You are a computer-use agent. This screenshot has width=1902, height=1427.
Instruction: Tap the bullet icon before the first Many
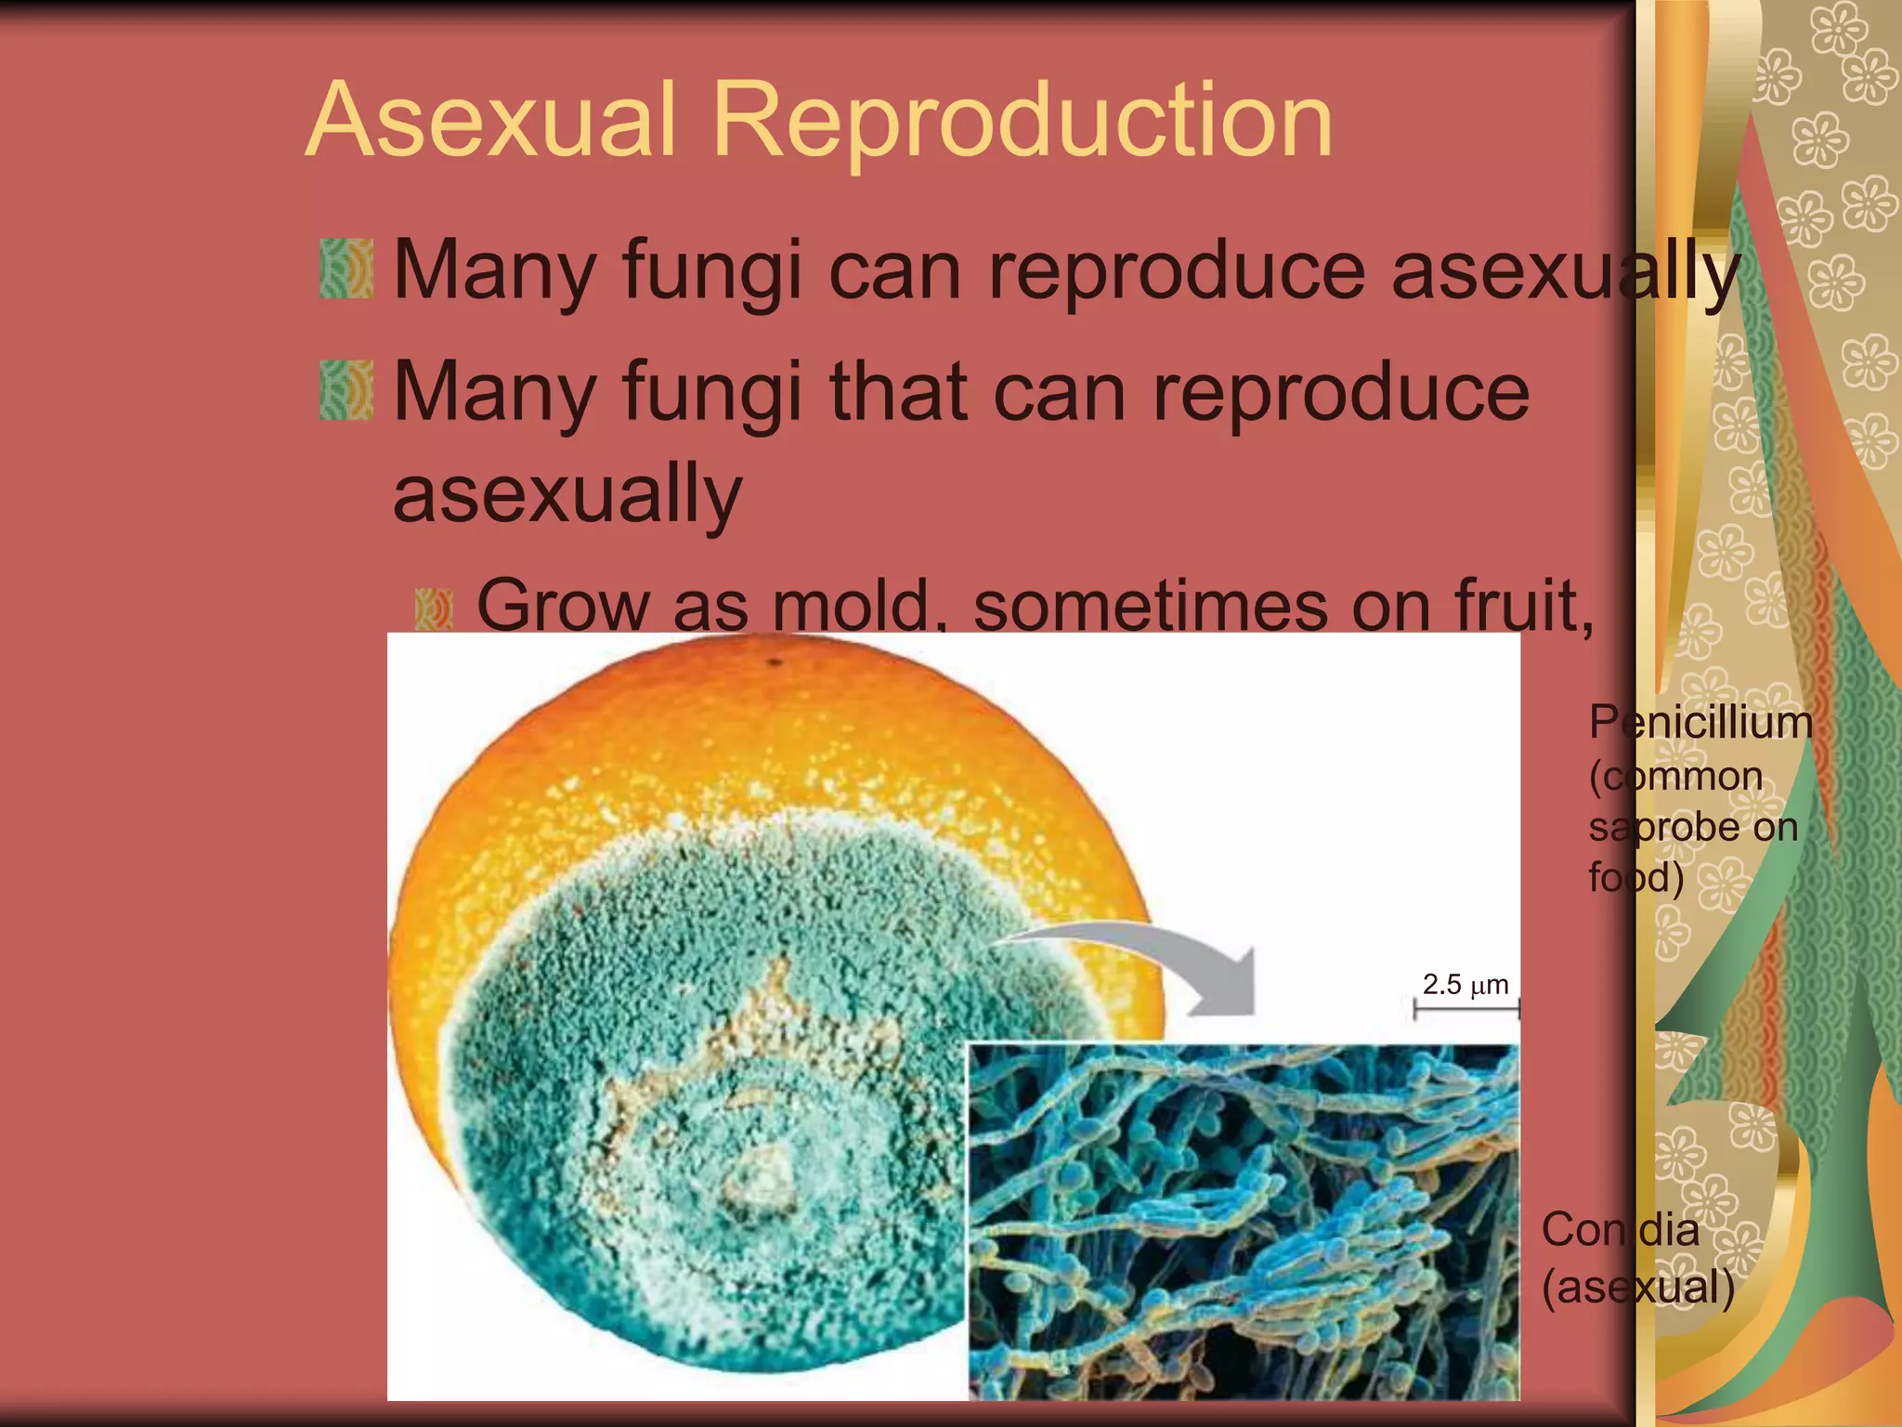346,269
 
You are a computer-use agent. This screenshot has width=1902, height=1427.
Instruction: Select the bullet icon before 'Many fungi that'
346,390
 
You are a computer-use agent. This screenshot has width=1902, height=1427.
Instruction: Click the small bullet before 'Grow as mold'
433,609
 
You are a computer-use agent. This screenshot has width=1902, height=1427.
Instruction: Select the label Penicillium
1700,723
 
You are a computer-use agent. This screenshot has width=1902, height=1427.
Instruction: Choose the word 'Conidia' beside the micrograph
1621,1230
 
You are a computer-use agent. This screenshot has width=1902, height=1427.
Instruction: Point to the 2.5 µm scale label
1466,985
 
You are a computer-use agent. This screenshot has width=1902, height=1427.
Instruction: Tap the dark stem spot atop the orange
774,663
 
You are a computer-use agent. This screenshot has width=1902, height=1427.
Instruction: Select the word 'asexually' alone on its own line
567,494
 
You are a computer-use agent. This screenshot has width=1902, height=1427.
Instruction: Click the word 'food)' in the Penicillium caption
1635,877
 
